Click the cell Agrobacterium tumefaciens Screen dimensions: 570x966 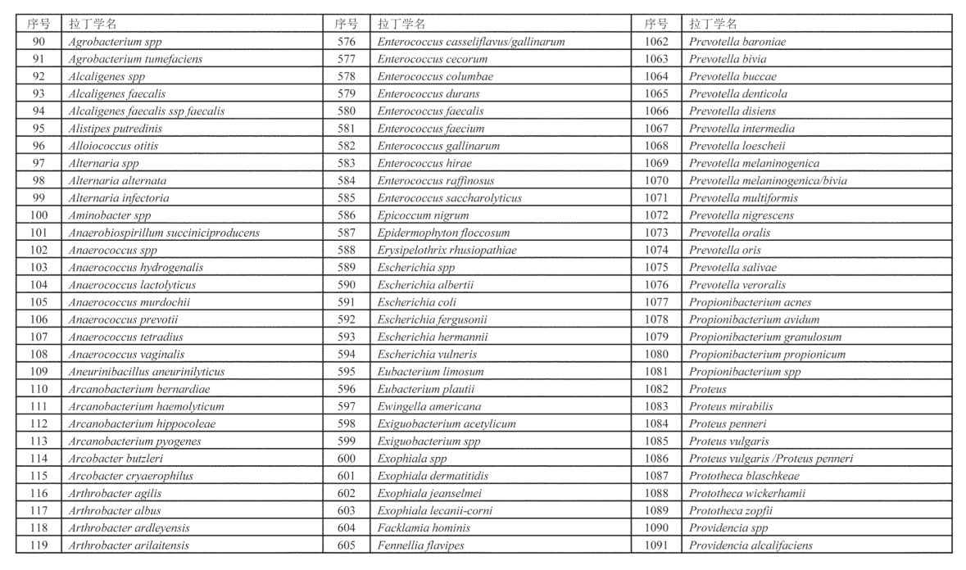(x=134, y=59)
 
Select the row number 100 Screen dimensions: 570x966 (x=39, y=215)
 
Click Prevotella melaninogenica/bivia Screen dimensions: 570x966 (x=768, y=180)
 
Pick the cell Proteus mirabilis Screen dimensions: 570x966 (x=731, y=406)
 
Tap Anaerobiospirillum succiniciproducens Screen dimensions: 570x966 (x=164, y=233)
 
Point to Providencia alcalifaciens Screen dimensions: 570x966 (x=751, y=545)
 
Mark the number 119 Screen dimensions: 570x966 (x=39, y=545)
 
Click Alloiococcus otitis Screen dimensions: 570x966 (x=113, y=146)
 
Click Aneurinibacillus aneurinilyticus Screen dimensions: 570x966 (x=146, y=372)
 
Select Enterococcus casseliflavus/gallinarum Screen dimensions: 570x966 (x=470, y=42)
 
